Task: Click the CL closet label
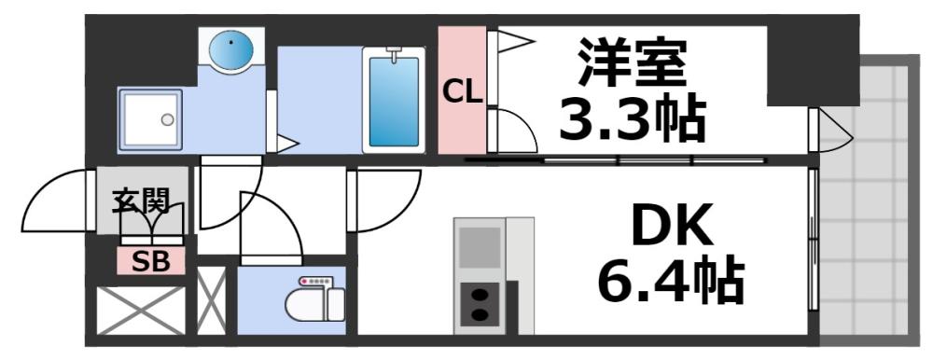tap(462, 91)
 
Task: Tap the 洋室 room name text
tap(631, 60)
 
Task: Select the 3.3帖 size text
tap(632, 118)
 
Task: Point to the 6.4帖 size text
tap(671, 281)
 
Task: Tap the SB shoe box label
tap(150, 262)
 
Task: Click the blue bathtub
tap(394, 99)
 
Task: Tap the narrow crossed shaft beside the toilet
tap(210, 300)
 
